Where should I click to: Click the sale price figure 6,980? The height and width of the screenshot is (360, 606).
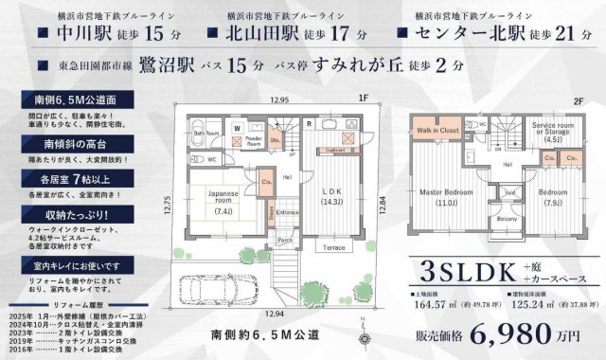coord(519,334)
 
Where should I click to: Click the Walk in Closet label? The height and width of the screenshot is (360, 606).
coord(438,130)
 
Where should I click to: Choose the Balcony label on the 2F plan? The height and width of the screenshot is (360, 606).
coord(507,220)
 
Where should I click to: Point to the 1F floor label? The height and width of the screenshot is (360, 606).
coord(362,98)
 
